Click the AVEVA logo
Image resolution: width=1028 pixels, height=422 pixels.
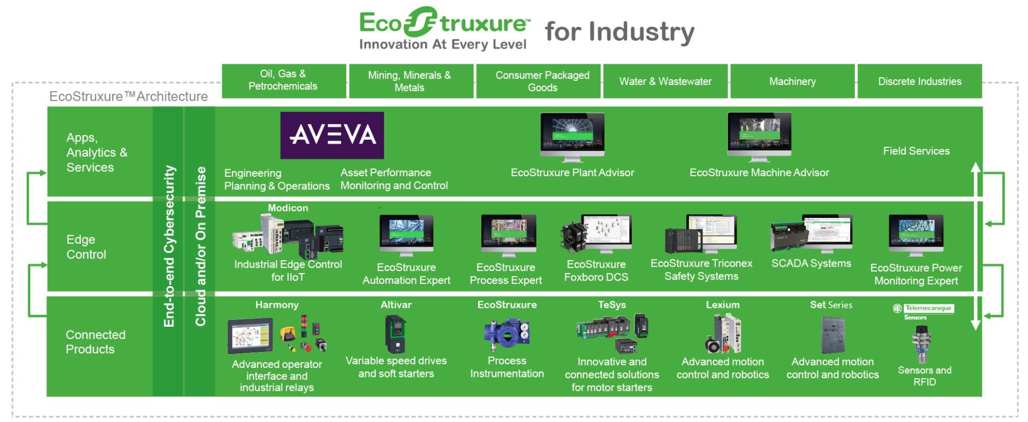[332, 135]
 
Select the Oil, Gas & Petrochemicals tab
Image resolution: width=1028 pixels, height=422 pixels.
[283, 80]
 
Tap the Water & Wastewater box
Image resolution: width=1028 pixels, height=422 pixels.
[665, 81]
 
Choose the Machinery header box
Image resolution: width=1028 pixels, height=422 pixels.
[792, 81]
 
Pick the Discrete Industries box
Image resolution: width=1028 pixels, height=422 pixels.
[919, 81]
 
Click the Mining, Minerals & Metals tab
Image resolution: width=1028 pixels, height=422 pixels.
[410, 81]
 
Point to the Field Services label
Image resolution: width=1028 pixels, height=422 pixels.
[916, 151]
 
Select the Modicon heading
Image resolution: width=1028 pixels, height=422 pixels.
[288, 208]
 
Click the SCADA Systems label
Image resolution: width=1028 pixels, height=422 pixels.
[811, 263]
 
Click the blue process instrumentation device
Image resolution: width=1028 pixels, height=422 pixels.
[507, 334]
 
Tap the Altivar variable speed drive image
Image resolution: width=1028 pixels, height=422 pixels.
[396, 333]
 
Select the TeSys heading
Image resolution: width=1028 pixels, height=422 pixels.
[612, 305]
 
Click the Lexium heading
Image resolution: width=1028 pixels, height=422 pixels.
[722, 305]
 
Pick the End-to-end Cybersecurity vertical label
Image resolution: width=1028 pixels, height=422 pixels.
[169, 246]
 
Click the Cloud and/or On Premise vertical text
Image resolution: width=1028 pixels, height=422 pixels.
[201, 246]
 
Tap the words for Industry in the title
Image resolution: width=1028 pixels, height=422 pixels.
[619, 32]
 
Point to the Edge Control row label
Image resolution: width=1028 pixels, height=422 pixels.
[87, 247]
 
